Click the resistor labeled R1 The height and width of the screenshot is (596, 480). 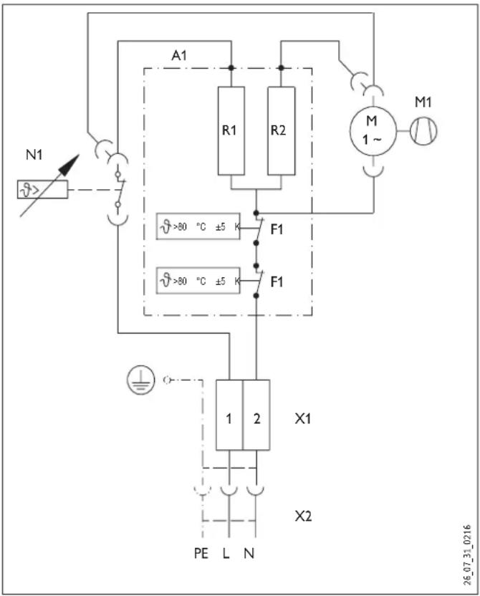(231, 131)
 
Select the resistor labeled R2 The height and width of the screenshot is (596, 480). (282, 131)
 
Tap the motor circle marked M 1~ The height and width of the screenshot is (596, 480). (373, 131)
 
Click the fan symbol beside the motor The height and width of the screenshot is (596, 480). (423, 131)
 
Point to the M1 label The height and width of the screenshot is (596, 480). (423, 102)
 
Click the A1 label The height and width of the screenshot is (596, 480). (179, 55)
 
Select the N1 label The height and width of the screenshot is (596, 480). (34, 155)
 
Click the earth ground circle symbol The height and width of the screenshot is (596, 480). (140, 380)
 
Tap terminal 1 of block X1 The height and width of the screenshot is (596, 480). (229, 415)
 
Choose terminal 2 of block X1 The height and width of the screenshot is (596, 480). (256, 415)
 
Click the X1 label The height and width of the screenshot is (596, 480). (303, 418)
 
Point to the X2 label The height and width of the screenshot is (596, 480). (303, 516)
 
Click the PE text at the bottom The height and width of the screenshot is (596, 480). (201, 553)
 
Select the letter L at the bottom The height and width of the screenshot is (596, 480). (226, 553)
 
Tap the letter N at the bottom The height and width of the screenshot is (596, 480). (249, 553)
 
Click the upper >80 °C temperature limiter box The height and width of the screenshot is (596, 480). (198, 226)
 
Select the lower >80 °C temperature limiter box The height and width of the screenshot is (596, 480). (198, 281)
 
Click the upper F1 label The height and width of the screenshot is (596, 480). (277, 229)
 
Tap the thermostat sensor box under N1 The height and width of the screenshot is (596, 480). (42, 189)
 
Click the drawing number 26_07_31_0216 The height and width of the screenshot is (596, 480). (467, 555)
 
